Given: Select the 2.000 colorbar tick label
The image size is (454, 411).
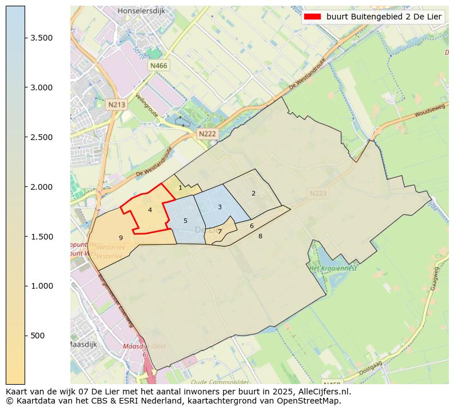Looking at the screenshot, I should (x=42, y=187).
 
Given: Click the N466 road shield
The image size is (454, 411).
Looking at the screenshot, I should (x=158, y=66).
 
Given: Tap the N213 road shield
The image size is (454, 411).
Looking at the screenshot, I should (x=116, y=105).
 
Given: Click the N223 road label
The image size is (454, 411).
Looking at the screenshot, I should (x=318, y=194).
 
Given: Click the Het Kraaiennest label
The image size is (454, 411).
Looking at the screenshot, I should (x=333, y=268).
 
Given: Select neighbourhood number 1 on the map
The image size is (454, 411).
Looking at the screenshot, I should (x=180, y=187).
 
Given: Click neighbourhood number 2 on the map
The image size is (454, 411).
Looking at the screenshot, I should (x=253, y=193).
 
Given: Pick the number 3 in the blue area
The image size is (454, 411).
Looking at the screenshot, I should (x=220, y=207).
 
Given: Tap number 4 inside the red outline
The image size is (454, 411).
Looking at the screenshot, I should (x=150, y=210).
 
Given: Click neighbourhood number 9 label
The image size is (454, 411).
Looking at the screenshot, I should (x=121, y=238).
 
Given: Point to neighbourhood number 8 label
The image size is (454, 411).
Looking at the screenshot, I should (x=260, y=236).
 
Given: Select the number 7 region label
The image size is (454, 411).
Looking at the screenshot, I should (x=220, y=232).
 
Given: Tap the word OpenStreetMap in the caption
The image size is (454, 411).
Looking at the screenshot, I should (x=312, y=401).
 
